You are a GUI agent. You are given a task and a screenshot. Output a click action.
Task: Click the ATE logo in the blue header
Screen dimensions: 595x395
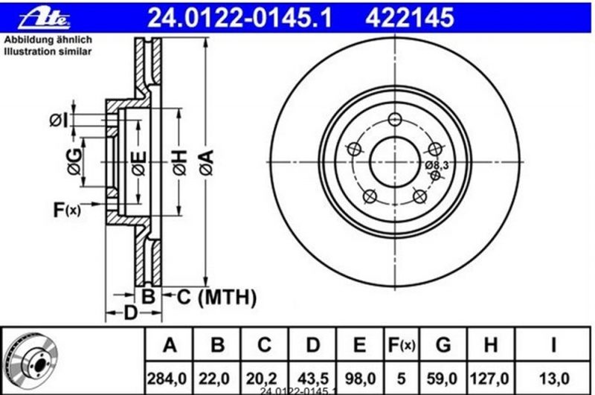(x=44, y=18)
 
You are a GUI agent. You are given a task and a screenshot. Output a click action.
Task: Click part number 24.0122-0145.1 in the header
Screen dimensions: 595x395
(x=239, y=18)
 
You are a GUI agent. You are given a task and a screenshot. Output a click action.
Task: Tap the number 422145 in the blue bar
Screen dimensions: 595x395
(x=410, y=18)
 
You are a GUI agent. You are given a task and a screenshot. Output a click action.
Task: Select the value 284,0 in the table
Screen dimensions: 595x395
(x=167, y=379)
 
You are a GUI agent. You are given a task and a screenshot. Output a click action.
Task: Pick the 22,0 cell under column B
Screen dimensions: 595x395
(x=215, y=379)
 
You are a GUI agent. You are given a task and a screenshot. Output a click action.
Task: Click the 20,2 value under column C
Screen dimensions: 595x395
(x=262, y=379)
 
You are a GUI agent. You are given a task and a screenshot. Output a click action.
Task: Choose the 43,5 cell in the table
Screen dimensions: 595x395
(x=312, y=379)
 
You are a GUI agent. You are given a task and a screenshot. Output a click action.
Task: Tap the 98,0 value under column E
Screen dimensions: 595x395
(x=360, y=379)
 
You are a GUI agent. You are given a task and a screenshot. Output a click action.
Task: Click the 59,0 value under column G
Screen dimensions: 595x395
(x=443, y=379)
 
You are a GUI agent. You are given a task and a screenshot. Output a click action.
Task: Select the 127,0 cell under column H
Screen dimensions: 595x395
(x=489, y=379)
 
